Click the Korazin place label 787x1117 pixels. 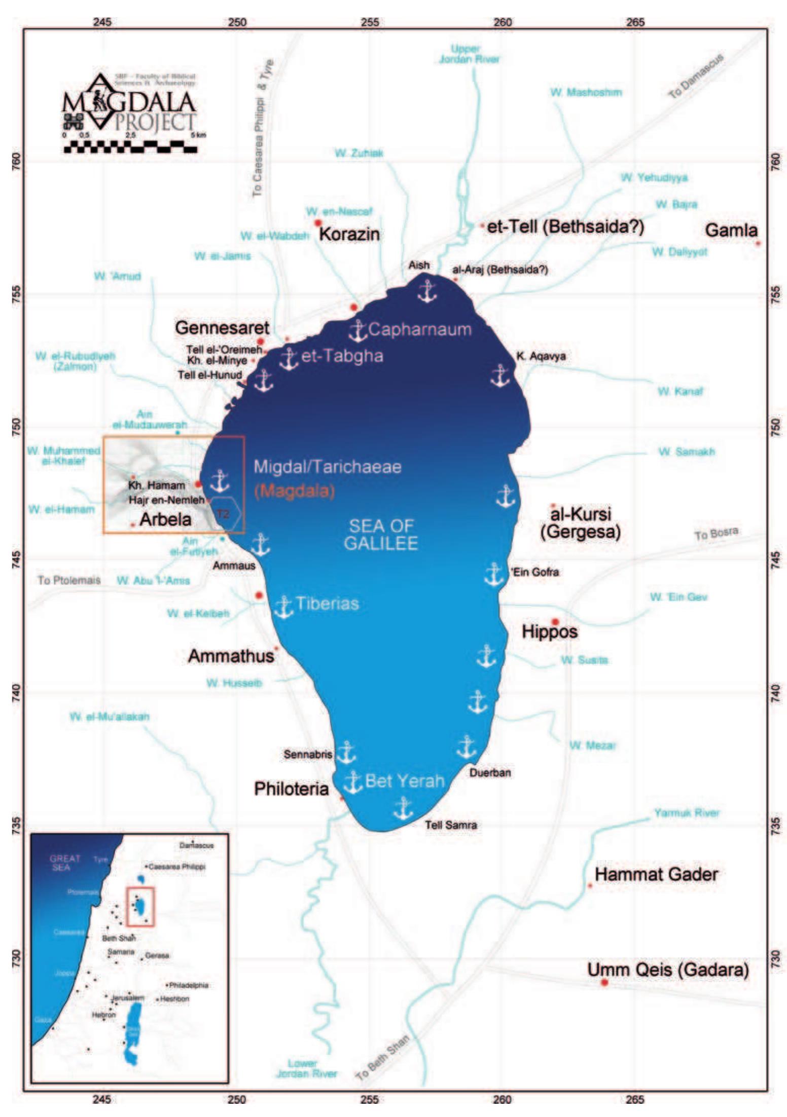[349, 234]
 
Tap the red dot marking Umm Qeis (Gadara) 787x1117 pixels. [604, 982]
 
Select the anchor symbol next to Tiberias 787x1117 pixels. [283, 607]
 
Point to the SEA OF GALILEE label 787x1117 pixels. [381, 534]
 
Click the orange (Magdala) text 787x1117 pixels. [295, 491]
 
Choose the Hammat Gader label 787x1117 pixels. [656, 874]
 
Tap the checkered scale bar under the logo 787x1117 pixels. [130, 149]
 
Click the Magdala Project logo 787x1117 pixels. [129, 104]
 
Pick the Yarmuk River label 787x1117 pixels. [686, 813]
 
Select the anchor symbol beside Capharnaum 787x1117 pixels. [357, 330]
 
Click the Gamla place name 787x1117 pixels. [731, 231]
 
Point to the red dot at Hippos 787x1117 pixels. [555, 622]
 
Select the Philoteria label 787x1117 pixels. [291, 789]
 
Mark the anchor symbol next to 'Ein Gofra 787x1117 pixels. [493, 574]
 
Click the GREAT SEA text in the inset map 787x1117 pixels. [65, 863]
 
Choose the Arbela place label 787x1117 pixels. [165, 519]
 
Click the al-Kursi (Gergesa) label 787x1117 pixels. [580, 523]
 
